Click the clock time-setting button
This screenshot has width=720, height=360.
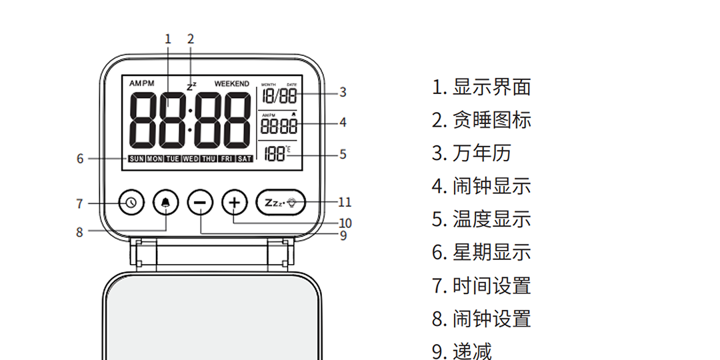coord(131,202)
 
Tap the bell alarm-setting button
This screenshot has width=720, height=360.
coord(165,202)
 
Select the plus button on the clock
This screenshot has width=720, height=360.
coord(233,202)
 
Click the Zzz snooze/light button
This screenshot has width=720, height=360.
coord(281,202)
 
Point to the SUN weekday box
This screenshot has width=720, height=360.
coord(136,159)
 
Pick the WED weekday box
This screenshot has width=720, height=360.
coord(191,159)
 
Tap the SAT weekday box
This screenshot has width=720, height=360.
coord(245,159)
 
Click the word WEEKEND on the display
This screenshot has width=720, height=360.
coord(231,84)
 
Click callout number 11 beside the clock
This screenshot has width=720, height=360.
coord(344,202)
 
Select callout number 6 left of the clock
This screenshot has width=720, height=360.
coord(80,159)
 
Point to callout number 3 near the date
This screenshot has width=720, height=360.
coord(343,92)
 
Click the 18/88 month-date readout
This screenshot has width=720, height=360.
coord(279,96)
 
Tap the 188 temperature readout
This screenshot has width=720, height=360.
coord(274,154)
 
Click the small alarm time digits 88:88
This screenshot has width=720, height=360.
coord(279,125)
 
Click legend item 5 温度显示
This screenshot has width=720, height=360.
coord(481,219)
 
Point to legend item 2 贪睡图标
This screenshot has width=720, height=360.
coord(481,120)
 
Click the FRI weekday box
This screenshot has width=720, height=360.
coord(227,159)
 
